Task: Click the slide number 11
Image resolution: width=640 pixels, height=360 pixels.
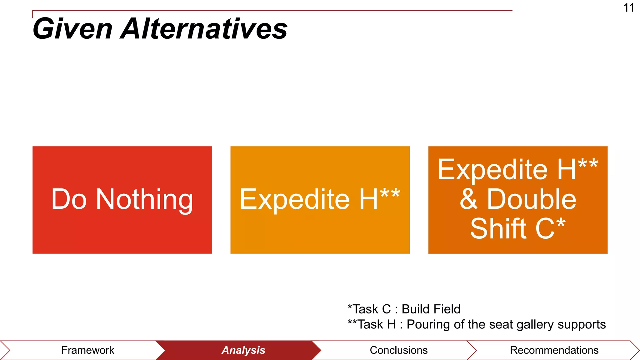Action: coord(628,8)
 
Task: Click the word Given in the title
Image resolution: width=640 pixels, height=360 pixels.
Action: coord(72,29)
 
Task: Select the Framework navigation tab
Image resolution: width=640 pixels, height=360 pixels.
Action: coord(87,350)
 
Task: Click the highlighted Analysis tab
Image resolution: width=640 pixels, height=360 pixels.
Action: coord(243,350)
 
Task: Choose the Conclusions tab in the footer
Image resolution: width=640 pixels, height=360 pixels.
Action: coord(398,350)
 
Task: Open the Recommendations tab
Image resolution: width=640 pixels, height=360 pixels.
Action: coord(554,350)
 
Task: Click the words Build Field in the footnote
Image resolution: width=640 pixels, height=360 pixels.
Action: coord(431,309)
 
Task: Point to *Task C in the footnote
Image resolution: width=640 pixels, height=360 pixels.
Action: coord(369,309)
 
